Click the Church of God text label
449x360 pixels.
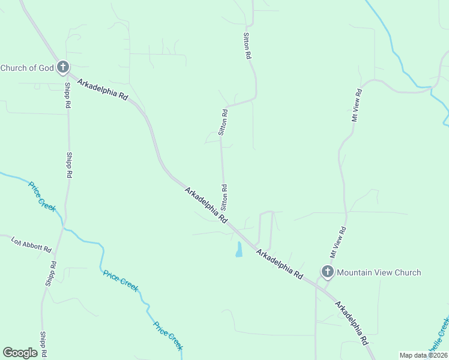pyautogui.click(x=27, y=68)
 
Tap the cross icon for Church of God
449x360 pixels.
pyautogui.click(x=63, y=68)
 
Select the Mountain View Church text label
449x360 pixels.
pyautogui.click(x=379, y=272)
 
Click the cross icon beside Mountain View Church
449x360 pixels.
pyautogui.click(x=327, y=272)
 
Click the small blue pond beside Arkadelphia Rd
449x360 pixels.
pyautogui.click(x=239, y=250)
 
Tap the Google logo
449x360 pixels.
pyautogui.click(x=20, y=352)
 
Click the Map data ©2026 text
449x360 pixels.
pyautogui.click(x=423, y=355)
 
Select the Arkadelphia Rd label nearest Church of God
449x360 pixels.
pyautogui.click(x=103, y=88)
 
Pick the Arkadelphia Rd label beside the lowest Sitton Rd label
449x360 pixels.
pyautogui.click(x=206, y=205)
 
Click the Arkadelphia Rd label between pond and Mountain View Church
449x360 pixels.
pyautogui.click(x=279, y=264)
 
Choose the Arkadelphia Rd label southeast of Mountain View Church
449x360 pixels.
pyautogui.click(x=352, y=322)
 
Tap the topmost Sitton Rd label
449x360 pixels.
pyautogui.click(x=247, y=46)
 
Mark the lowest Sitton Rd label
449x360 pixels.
pyautogui.click(x=224, y=196)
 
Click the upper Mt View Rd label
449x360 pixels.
pyautogui.click(x=357, y=106)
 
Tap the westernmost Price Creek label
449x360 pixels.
pyautogui.click(x=43, y=196)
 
